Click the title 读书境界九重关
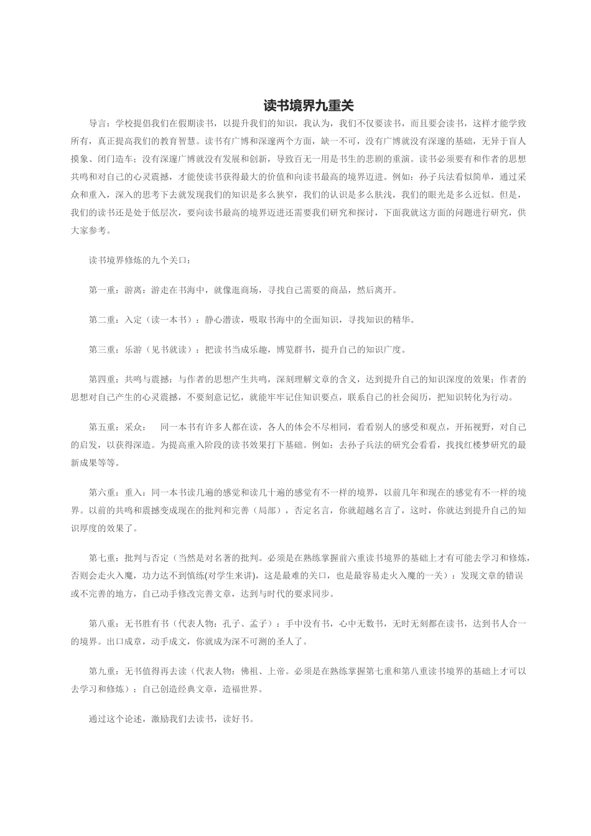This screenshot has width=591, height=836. (308, 106)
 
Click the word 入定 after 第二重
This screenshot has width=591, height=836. (133, 320)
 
